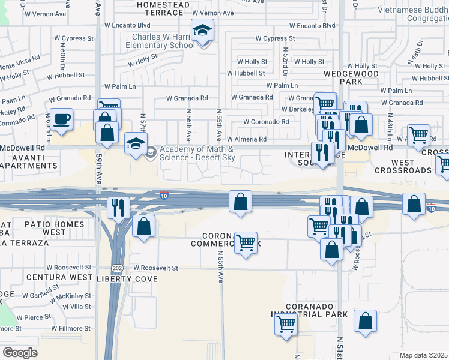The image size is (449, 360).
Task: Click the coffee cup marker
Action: [61, 119]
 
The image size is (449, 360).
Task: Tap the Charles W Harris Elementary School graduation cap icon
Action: [203, 30]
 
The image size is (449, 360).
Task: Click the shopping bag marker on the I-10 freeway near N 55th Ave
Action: [240, 202]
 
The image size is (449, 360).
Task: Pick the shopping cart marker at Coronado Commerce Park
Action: [246, 242]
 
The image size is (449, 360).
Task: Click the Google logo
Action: [19, 353]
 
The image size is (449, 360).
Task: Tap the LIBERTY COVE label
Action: [127, 279]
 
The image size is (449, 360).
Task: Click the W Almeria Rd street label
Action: [246, 139]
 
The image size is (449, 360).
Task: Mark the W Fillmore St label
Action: [71, 328]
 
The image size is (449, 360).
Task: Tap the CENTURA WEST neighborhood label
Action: [51, 278]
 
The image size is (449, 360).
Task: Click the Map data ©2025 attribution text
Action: [423, 355]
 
